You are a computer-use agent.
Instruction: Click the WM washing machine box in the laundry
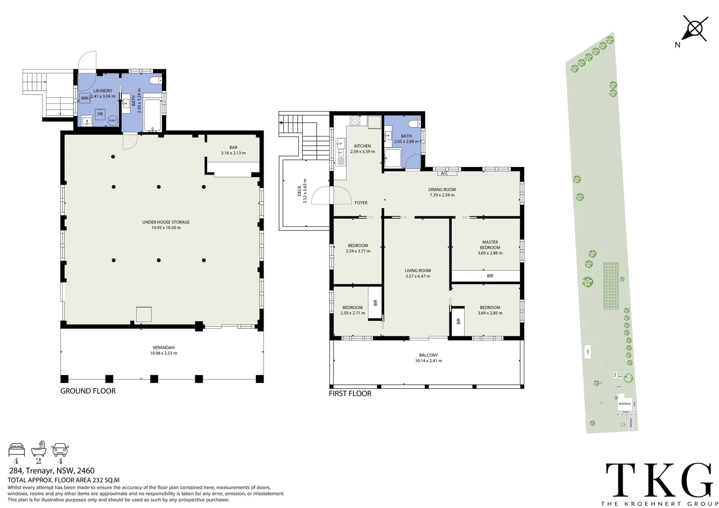coord(85,98)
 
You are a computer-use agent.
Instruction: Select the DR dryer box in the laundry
coord(100,114)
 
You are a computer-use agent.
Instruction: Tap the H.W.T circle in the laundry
coord(113,120)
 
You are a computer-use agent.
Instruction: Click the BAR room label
coord(233,148)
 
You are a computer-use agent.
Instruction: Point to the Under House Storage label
coord(166,222)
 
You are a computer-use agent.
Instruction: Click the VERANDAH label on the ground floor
coord(163,348)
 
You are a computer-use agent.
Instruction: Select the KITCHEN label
coord(362,146)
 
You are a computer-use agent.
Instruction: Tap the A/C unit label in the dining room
coord(444,173)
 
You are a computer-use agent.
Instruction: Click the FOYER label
coord(361,203)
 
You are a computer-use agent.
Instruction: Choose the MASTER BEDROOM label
coord(490,245)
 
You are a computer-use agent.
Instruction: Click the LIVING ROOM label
coord(418,270)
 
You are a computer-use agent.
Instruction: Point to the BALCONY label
coord(428,355)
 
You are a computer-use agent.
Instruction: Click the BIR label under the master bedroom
coord(490,276)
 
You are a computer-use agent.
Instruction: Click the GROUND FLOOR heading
coord(88,391)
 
